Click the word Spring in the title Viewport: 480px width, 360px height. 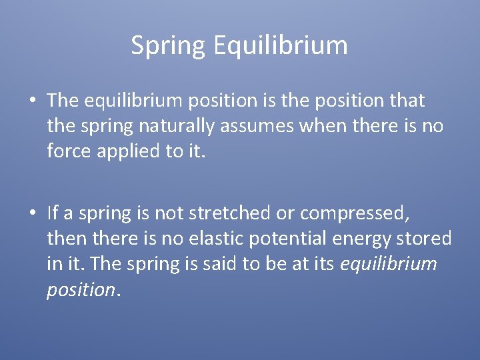pyautogui.click(x=169, y=46)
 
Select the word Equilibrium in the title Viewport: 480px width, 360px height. pyautogui.click(x=281, y=46)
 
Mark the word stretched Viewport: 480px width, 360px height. pyautogui.click(x=223, y=213)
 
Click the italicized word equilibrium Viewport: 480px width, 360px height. pyautogui.click(x=389, y=263)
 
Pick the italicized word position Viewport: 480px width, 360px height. pyautogui.click(x=80, y=289)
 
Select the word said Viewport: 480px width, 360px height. pyautogui.click(x=225, y=263)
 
